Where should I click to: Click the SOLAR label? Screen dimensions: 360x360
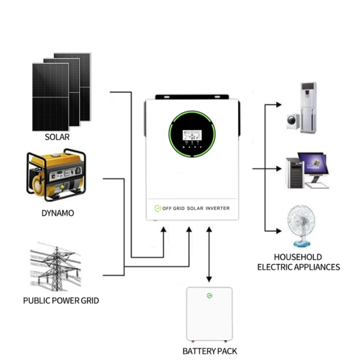(57, 137)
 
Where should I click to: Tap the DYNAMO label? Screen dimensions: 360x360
(58, 213)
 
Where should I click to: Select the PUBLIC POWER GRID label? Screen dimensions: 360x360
(61, 301)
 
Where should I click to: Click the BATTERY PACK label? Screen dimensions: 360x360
(209, 351)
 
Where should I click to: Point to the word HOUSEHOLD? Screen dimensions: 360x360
(298, 257)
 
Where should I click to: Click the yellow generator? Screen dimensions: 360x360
(56, 175)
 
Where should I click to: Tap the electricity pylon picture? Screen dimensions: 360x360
(56, 267)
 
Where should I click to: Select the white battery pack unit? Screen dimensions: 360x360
(209, 314)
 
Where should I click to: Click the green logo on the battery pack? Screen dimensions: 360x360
(209, 295)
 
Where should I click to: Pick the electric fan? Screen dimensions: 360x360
(301, 226)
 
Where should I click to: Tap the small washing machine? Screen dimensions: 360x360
(293, 121)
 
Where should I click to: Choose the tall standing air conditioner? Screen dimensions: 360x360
(309, 108)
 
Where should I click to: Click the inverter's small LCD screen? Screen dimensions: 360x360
(192, 135)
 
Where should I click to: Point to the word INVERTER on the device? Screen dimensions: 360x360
(217, 208)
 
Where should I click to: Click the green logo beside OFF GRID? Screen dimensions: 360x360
(157, 208)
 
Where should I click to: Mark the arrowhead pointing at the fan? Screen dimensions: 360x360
(279, 231)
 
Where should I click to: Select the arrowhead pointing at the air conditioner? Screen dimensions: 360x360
(279, 104)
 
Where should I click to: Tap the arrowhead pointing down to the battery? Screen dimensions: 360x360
(209, 279)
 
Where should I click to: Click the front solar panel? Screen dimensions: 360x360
(50, 97)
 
